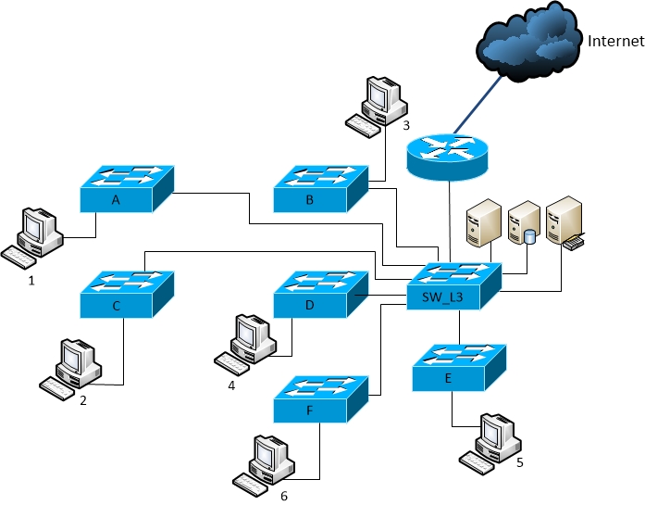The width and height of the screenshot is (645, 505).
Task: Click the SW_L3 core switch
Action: click(x=453, y=286)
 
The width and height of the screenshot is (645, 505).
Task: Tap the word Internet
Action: click(x=615, y=41)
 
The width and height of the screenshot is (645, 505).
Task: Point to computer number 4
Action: click(x=246, y=342)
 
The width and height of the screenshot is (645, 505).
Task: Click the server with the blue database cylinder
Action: click(x=523, y=225)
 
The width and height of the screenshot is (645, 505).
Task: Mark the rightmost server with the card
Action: click(x=564, y=222)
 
